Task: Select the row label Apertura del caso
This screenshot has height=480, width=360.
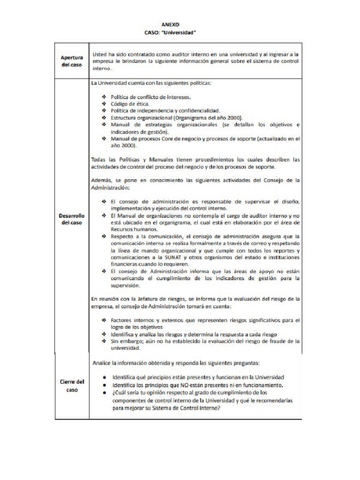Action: click(x=72, y=61)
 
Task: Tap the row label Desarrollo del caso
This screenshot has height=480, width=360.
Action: click(x=72, y=219)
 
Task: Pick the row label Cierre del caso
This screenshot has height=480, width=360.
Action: click(x=72, y=385)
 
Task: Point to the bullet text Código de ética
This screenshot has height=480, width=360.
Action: click(x=130, y=104)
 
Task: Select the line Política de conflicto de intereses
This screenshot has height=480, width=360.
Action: click(x=151, y=97)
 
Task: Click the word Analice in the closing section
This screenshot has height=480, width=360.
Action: click(x=104, y=363)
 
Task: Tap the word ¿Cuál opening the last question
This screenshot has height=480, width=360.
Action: click(x=120, y=392)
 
